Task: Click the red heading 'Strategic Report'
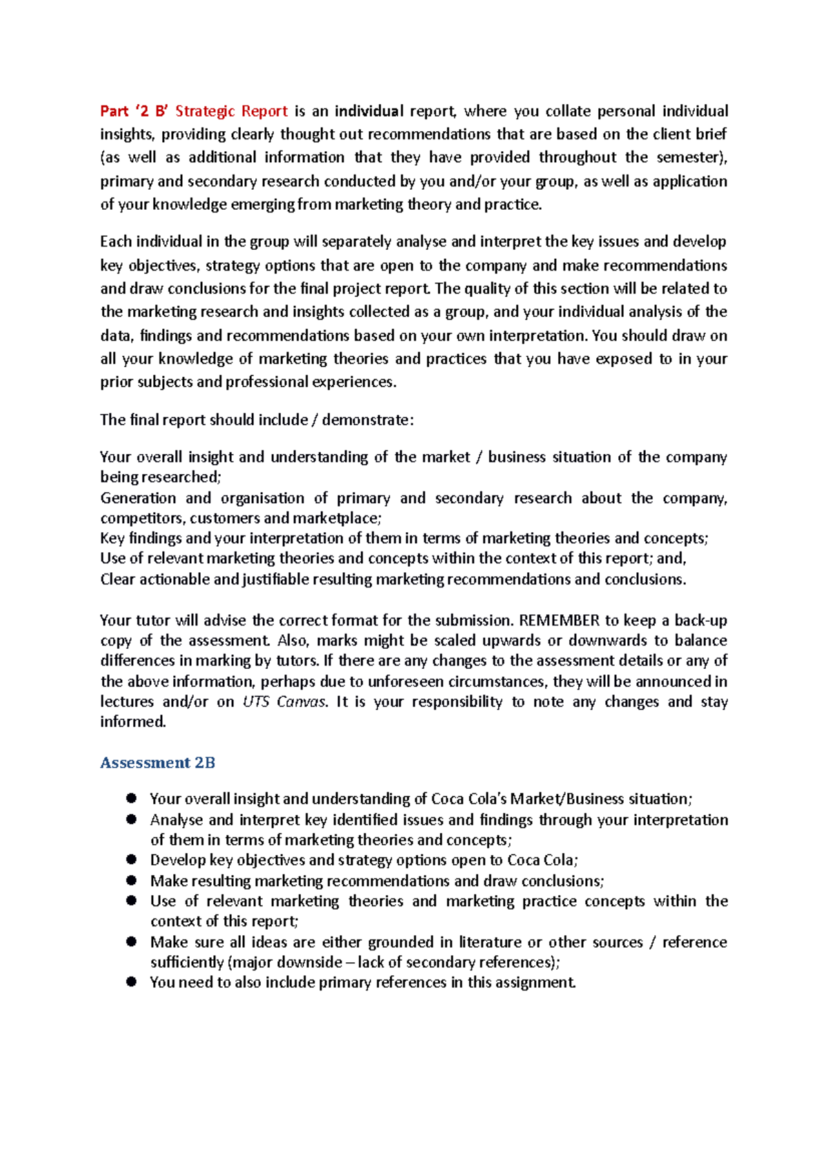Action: coord(231,111)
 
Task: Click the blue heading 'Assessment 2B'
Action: coord(157,763)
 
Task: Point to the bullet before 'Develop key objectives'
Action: coord(131,859)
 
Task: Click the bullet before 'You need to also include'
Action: coord(131,981)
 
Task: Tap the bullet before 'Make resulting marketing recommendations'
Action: coord(131,880)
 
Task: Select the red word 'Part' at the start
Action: coord(114,111)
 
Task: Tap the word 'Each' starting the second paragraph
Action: coord(115,242)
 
